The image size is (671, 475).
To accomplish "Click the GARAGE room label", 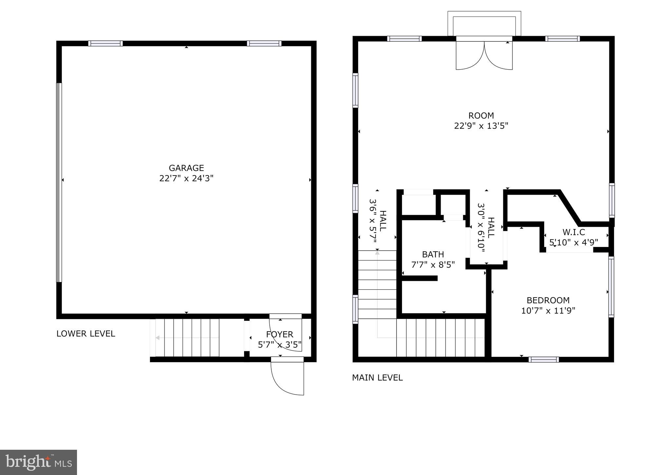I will [186, 168].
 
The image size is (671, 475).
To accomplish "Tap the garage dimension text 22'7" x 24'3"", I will [186, 178].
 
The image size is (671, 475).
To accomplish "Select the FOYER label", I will [279, 334].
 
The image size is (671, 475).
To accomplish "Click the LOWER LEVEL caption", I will [86, 334].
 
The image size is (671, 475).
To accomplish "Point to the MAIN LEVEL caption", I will [377, 378].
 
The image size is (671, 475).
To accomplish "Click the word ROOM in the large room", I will [481, 115].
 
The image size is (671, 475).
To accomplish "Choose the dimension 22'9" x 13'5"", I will [481, 126].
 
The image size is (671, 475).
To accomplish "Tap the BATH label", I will [433, 254].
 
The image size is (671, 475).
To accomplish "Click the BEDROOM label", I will [548, 300].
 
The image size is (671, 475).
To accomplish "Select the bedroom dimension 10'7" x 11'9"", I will [548, 311].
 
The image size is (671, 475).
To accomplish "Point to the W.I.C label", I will [574, 232].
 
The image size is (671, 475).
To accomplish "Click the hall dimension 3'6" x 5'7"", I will [373, 220].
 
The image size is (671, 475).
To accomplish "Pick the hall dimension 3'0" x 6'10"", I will [481, 228].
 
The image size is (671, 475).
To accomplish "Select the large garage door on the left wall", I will [59, 182].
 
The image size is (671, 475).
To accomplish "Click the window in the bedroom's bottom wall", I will [544, 360].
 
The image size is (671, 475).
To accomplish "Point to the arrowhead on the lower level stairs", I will [158, 338].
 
